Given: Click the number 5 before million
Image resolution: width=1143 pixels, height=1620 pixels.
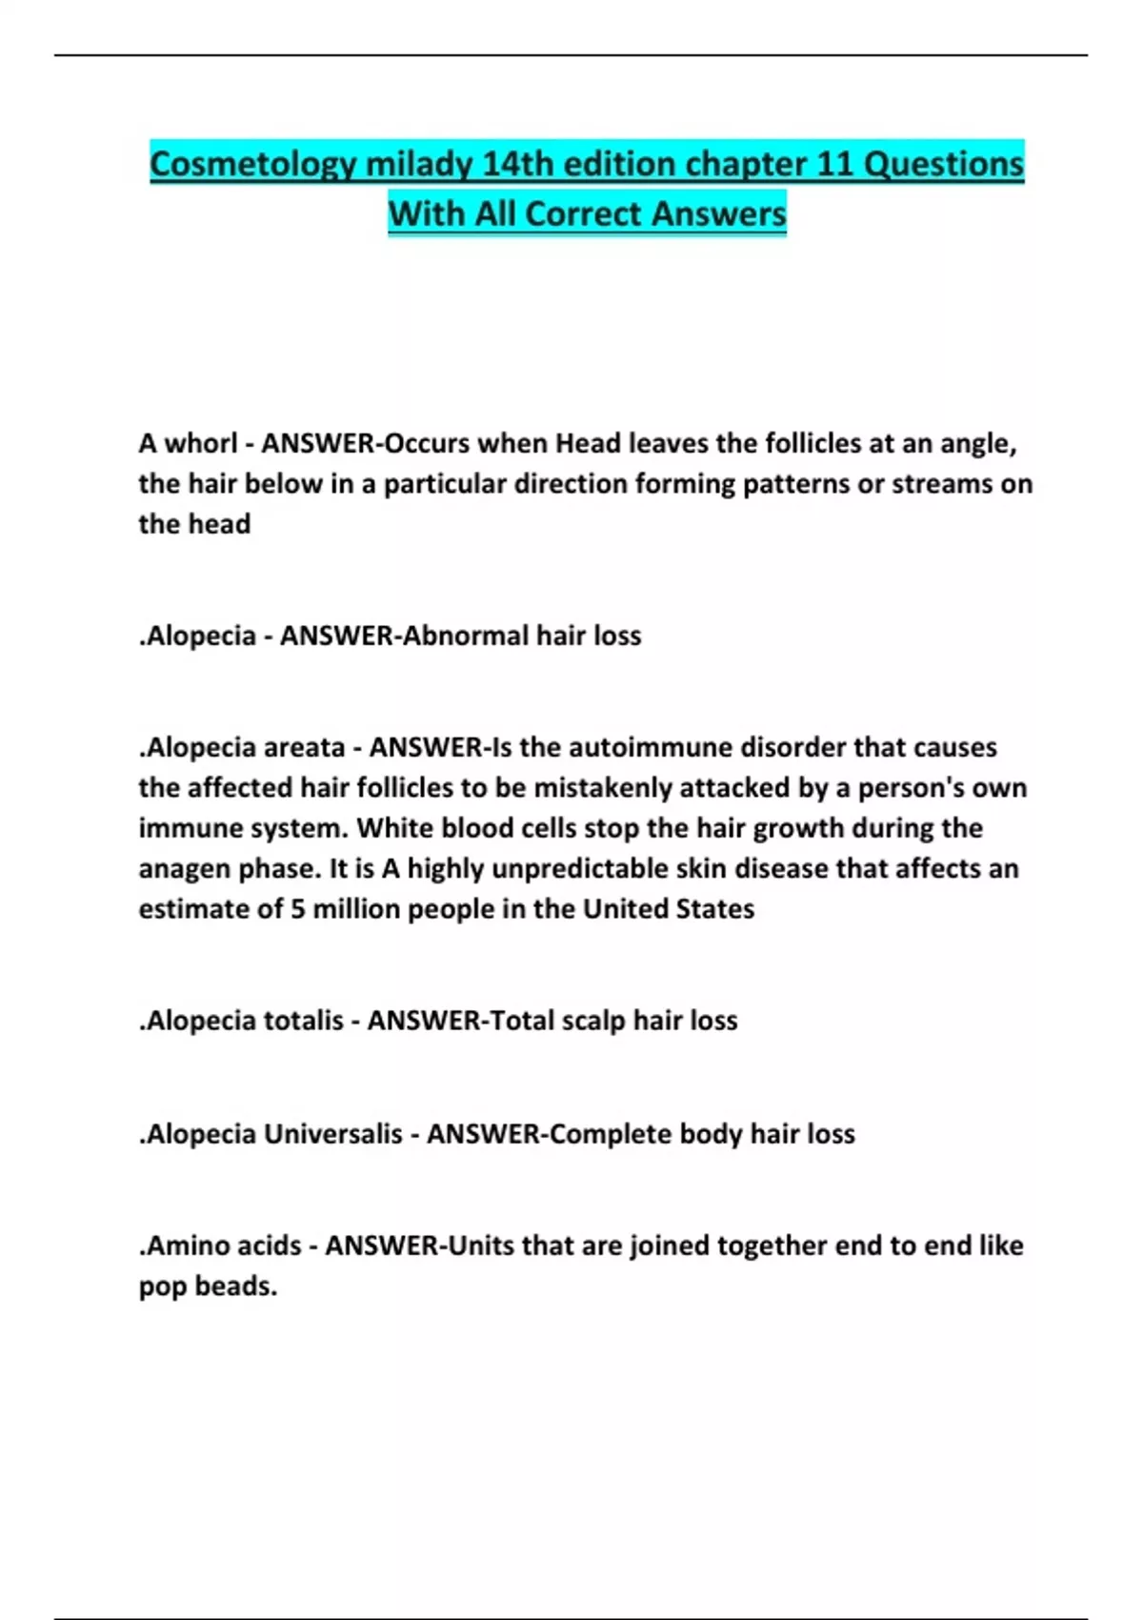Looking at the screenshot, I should click(x=298, y=909).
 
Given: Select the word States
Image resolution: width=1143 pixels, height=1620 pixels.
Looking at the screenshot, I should click(x=714, y=909).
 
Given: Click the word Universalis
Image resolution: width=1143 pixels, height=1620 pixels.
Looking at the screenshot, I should click(x=332, y=1134).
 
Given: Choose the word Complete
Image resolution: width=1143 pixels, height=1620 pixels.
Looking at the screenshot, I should click(x=611, y=1134).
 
